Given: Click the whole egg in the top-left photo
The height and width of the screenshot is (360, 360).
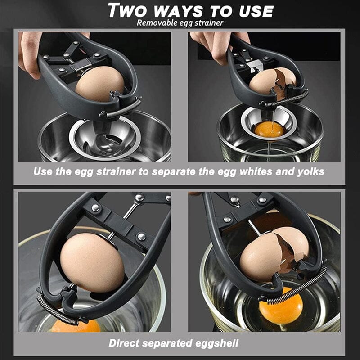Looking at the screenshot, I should pyautogui.click(x=99, y=84).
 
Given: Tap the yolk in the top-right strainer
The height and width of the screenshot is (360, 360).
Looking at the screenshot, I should pyautogui.click(x=269, y=130).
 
